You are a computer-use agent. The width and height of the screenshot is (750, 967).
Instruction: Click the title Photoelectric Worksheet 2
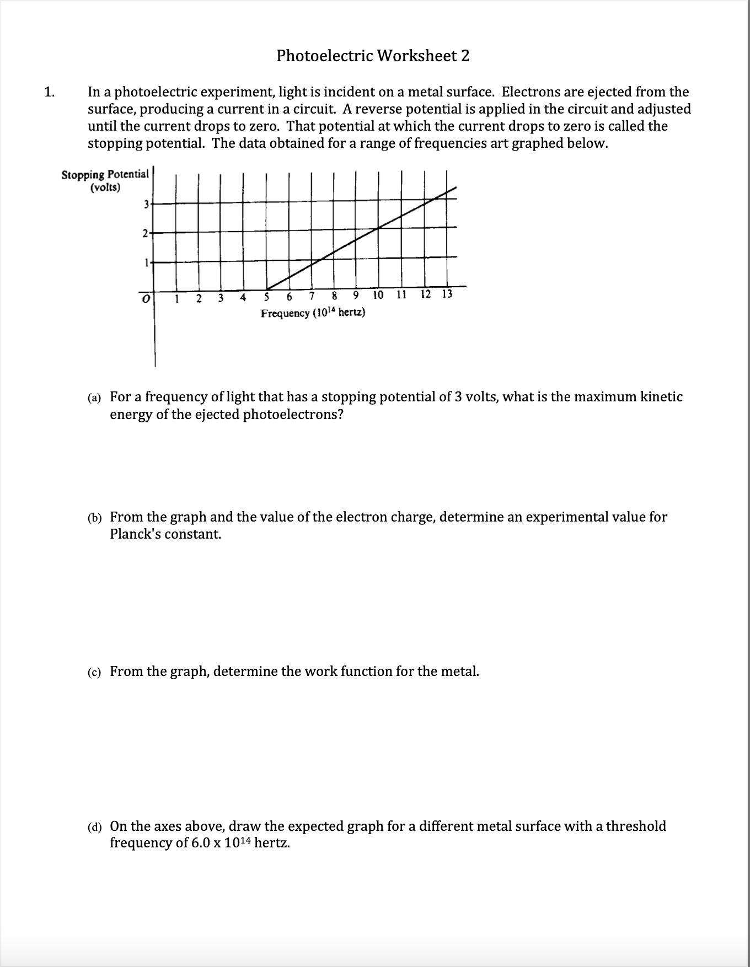click(373, 56)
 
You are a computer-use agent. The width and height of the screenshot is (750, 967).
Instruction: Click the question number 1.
click(50, 92)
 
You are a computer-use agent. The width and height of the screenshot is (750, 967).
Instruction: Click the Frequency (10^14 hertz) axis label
click(313, 313)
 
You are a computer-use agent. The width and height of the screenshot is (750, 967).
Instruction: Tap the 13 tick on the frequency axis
click(447, 294)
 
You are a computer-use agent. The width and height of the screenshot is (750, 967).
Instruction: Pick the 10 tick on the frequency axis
click(378, 294)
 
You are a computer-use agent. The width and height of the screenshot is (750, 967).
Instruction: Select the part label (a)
click(94, 398)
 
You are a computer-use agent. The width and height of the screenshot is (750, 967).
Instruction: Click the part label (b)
click(94, 518)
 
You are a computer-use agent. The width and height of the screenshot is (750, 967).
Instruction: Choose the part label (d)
click(94, 828)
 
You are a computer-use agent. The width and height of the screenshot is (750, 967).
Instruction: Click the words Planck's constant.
click(165, 534)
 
